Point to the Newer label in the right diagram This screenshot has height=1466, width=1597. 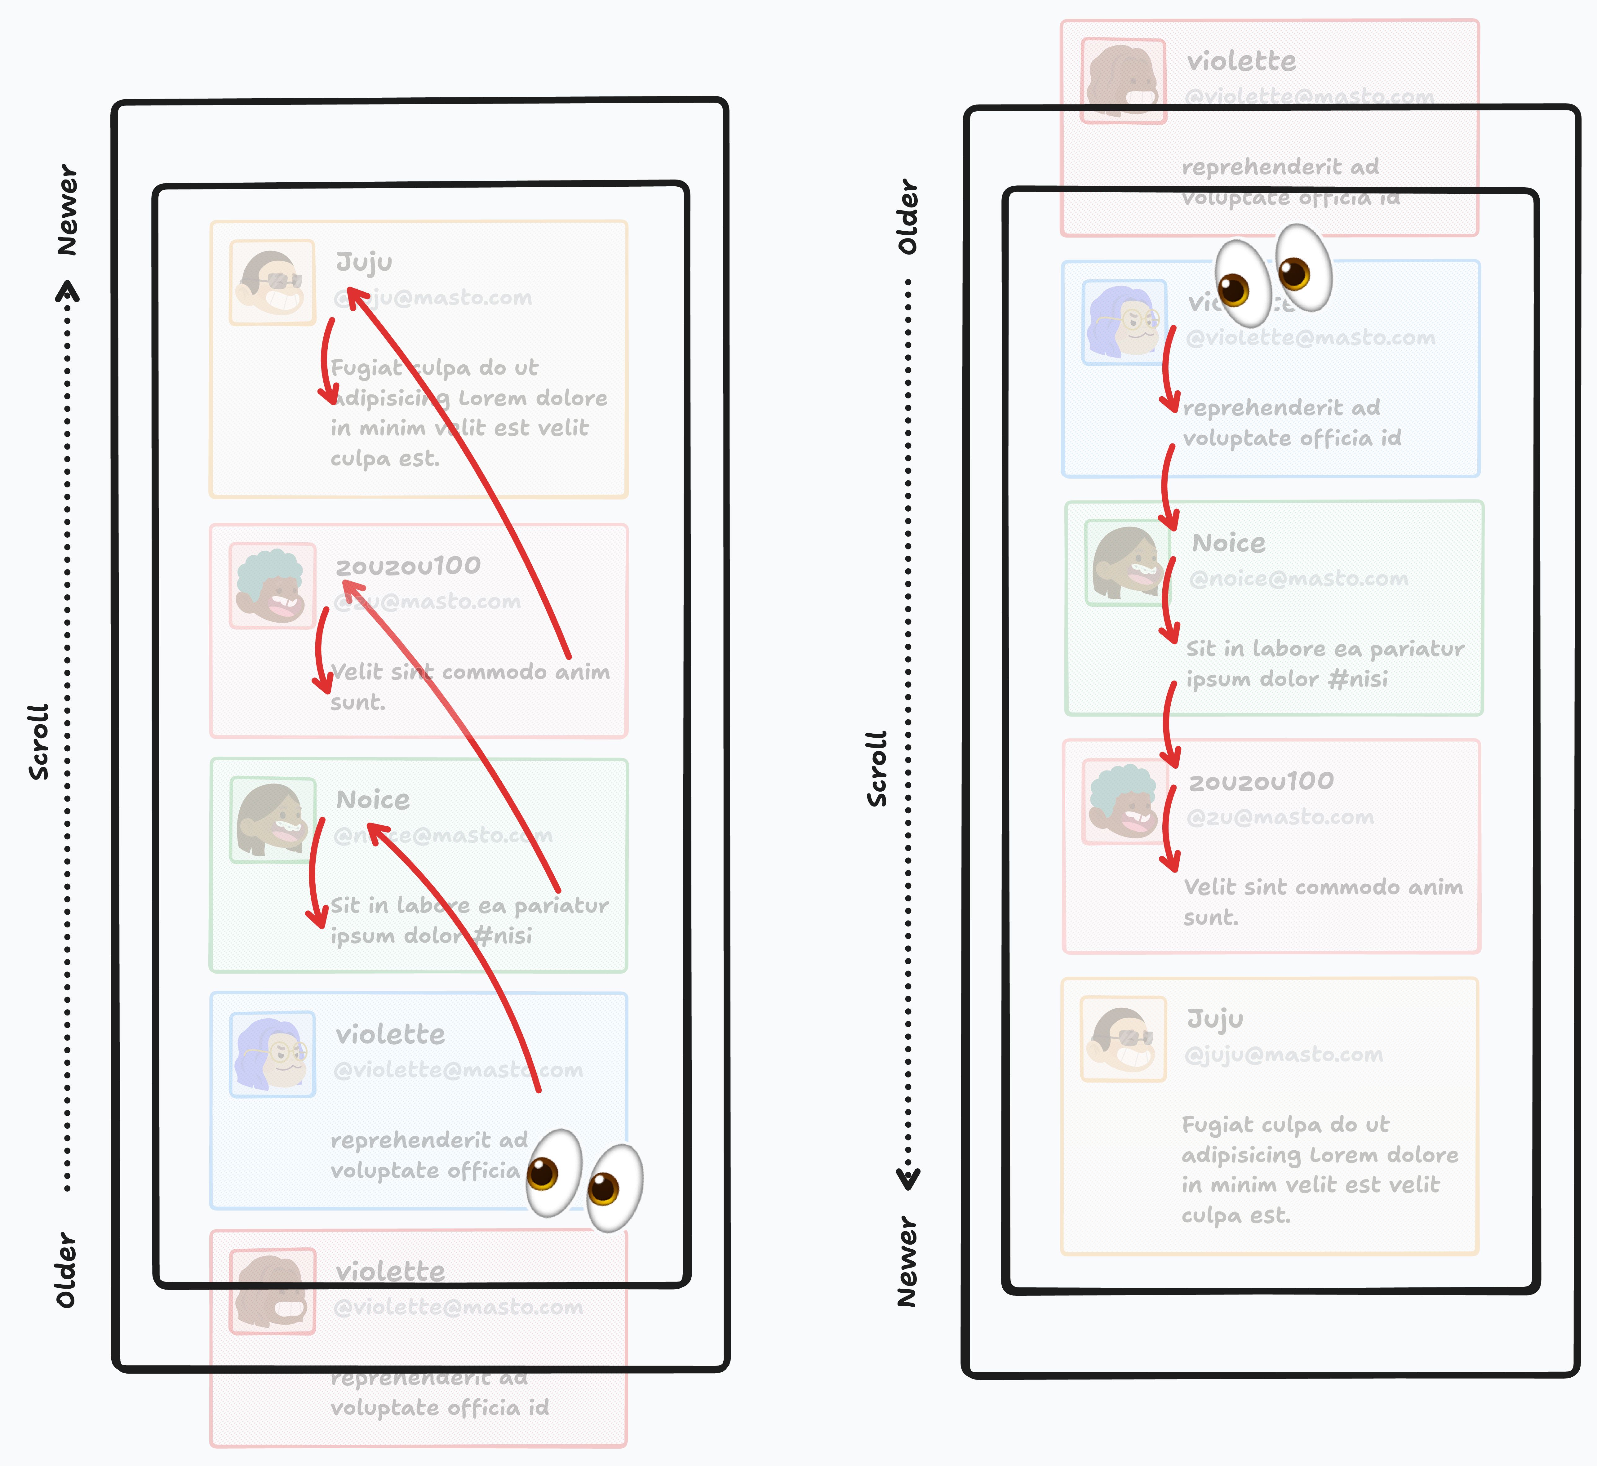click(x=907, y=1261)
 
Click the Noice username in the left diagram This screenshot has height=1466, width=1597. click(x=373, y=800)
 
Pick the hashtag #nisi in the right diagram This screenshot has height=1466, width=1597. click(x=1358, y=679)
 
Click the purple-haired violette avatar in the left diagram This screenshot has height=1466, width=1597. click(x=272, y=1054)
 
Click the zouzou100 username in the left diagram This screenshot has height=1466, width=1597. click(x=408, y=566)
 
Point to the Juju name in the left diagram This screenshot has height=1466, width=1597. click(x=364, y=262)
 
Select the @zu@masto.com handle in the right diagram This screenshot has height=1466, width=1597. click(x=1280, y=817)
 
